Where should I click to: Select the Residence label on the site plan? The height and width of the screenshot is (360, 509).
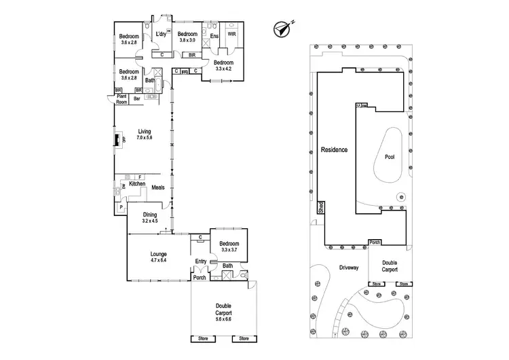pyautogui.click(x=335, y=149)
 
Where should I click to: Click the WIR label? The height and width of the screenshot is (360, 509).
pyautogui.click(x=232, y=34)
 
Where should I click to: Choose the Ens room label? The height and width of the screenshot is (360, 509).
pyautogui.click(x=214, y=37)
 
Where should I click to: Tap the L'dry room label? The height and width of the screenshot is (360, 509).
pyautogui.click(x=162, y=35)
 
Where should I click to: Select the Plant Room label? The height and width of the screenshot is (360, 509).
pyautogui.click(x=122, y=99)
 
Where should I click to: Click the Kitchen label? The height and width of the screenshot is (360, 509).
pyautogui.click(x=138, y=185)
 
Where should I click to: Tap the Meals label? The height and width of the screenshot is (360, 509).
pyautogui.click(x=158, y=187)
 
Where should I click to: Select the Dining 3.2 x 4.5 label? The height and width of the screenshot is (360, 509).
pyautogui.click(x=149, y=217)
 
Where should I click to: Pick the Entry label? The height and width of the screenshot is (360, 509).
pyautogui.click(x=201, y=262)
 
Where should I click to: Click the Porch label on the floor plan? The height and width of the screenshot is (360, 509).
pyautogui.click(x=200, y=276)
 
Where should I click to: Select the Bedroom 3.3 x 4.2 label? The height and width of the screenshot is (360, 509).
pyautogui.click(x=223, y=65)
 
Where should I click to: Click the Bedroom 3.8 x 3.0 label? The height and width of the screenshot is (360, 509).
pyautogui.click(x=187, y=37)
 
